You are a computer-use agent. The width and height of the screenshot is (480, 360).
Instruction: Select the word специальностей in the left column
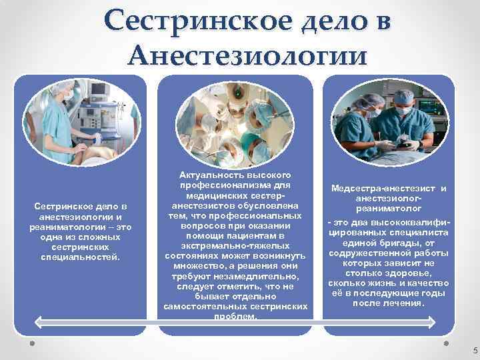click(80, 256)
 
